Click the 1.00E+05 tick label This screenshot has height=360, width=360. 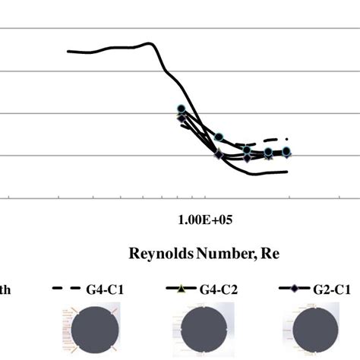tap(201, 219)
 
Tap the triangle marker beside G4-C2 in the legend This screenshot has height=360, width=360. tap(180, 289)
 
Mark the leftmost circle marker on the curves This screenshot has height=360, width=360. tap(181, 109)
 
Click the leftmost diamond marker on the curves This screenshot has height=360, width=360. tap(181, 118)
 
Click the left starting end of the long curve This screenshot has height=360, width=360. tap(68, 51)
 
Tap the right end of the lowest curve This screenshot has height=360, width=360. tap(287, 172)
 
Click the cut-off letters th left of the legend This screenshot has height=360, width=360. tap(5, 289)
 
